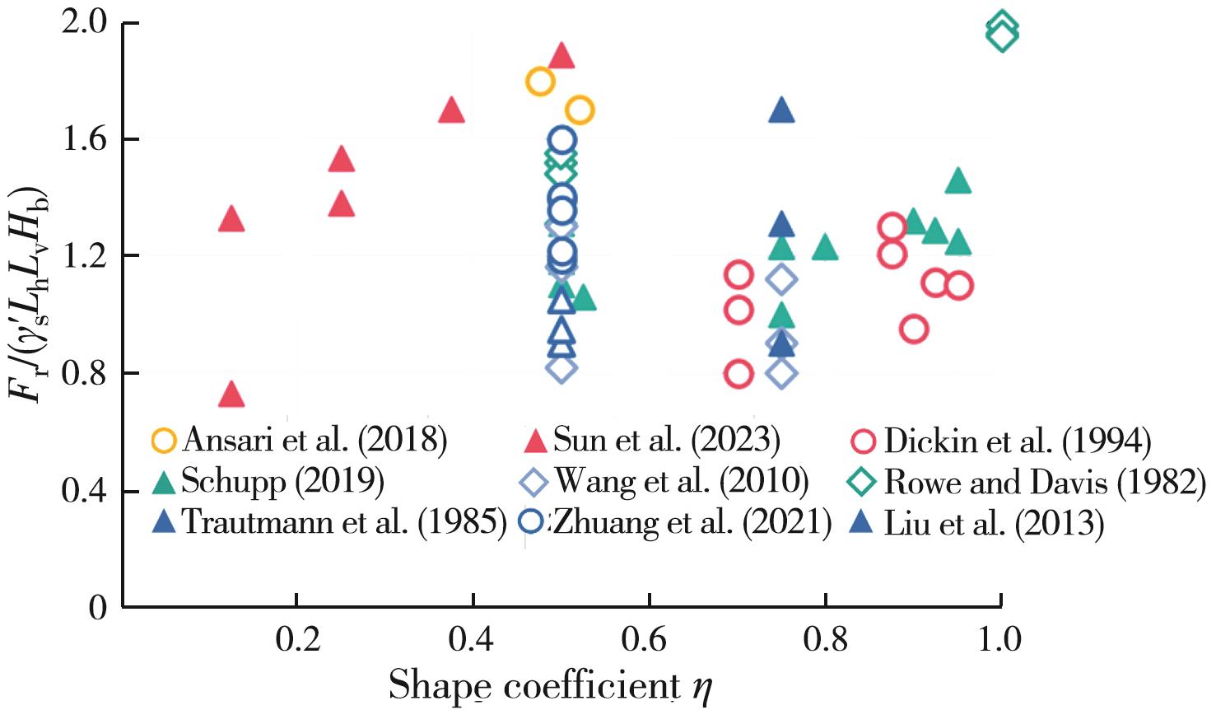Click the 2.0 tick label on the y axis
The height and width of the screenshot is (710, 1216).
[x=85, y=23]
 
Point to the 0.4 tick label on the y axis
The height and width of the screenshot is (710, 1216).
[x=85, y=492]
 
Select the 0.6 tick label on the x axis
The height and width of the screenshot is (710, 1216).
[x=649, y=639]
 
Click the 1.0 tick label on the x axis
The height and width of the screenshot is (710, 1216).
[x=999, y=639]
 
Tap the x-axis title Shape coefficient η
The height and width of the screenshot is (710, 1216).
[x=549, y=686]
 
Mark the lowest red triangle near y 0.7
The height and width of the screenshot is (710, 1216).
[x=232, y=395]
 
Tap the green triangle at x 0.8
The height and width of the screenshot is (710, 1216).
[x=825, y=247]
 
